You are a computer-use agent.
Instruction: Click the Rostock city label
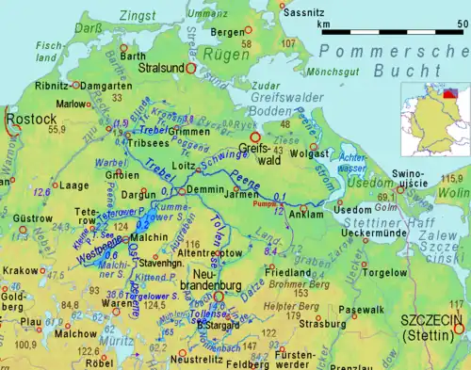coord(25,121)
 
